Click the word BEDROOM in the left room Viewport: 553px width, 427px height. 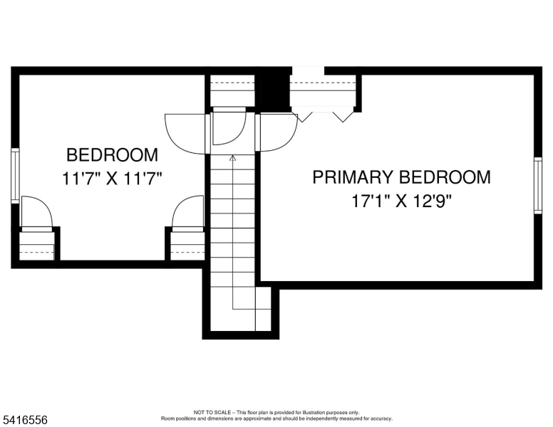[x=112, y=155]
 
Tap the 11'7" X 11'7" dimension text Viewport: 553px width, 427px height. [x=112, y=178]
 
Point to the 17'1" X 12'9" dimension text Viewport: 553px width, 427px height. [x=401, y=201]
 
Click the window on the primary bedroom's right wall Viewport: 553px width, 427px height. [x=538, y=185]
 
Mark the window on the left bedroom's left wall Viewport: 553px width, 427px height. [x=14, y=176]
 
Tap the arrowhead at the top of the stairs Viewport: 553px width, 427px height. [x=233, y=158]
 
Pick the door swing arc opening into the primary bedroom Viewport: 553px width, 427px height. [x=279, y=133]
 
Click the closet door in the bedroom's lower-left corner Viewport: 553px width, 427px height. [x=36, y=212]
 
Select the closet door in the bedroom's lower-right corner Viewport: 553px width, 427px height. [x=187, y=212]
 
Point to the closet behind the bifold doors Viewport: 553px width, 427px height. [x=323, y=93]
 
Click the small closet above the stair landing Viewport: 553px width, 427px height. [x=232, y=90]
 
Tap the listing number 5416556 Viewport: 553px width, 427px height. [x=24, y=421]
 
